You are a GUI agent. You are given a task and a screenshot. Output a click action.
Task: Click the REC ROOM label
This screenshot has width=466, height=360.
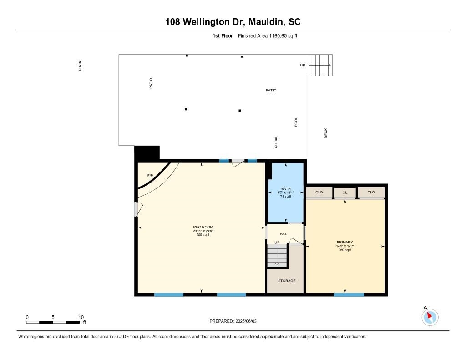point(203,227)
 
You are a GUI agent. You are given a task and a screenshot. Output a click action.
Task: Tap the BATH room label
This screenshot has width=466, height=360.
point(286,188)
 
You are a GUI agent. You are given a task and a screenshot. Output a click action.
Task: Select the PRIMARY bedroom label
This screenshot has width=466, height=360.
point(345,242)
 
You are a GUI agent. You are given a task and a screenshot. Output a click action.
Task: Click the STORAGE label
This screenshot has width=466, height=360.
point(287,281)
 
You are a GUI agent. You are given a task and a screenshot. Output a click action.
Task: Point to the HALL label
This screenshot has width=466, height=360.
point(284,234)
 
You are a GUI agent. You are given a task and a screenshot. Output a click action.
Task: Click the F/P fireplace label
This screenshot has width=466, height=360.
point(150,176)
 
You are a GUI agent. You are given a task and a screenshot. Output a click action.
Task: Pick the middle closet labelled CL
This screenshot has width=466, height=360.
point(345,193)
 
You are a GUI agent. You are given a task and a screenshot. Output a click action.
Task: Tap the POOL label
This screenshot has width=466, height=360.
point(296,122)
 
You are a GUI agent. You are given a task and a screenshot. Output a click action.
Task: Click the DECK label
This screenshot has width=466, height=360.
point(326,133)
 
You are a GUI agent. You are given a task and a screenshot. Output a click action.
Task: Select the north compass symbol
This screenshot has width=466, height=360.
point(430,317)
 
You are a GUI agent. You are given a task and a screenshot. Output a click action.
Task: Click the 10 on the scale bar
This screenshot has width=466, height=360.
point(81,317)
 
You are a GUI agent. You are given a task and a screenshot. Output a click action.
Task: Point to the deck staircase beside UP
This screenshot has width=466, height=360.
point(320,66)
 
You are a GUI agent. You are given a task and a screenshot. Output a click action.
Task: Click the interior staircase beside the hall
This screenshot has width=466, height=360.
point(277,255)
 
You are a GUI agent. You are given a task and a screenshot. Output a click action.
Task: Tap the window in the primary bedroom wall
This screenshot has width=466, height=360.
point(349,294)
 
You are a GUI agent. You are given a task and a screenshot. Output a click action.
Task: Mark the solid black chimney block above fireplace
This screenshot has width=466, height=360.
point(147,152)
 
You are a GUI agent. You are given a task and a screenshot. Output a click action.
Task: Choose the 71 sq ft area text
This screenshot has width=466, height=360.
point(286,197)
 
